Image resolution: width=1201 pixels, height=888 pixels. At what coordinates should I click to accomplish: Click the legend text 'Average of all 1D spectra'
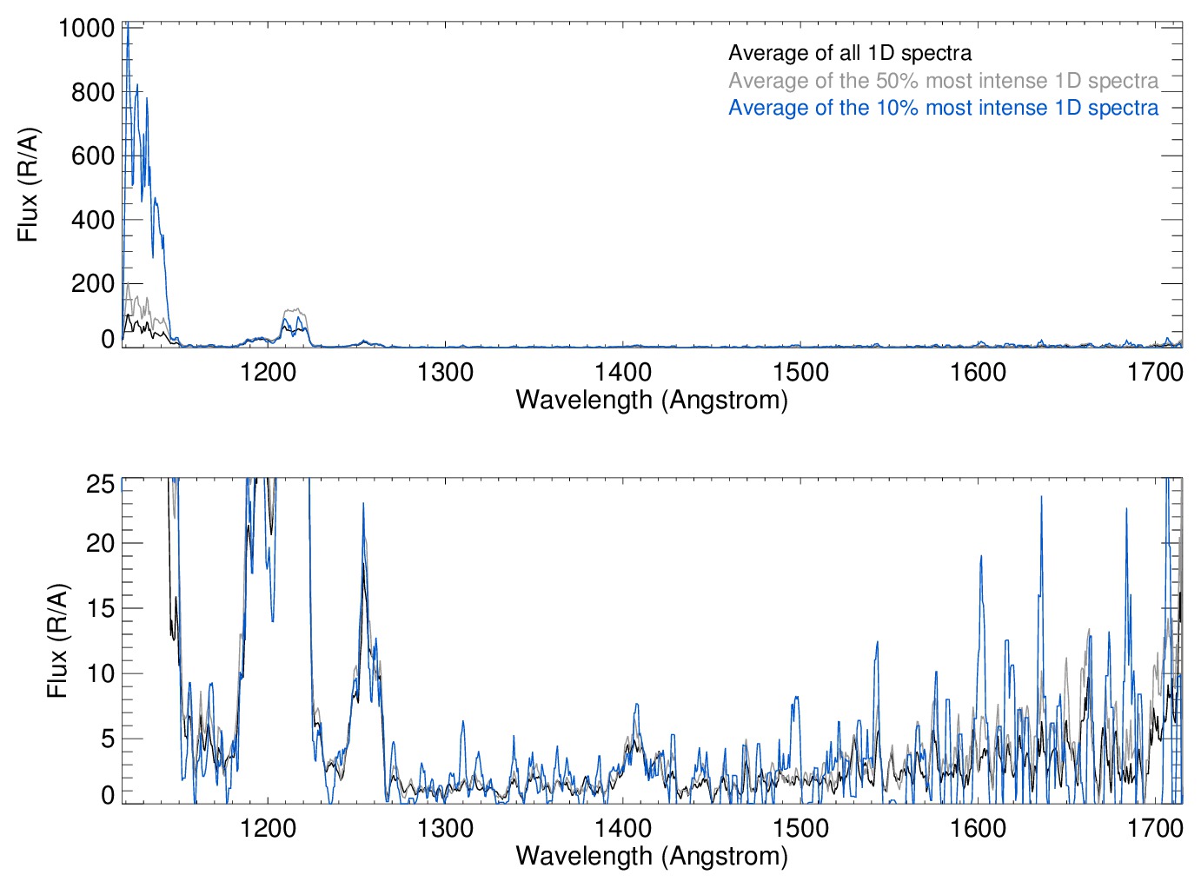pos(849,53)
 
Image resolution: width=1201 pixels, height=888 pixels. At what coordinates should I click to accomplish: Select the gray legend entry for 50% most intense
pos(943,81)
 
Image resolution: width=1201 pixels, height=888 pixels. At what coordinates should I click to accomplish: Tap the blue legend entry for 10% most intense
pos(943,108)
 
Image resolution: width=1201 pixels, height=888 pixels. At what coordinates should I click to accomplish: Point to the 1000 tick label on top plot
pos(87,29)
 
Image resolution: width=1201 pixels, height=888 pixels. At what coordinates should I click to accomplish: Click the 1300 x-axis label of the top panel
pos(445,373)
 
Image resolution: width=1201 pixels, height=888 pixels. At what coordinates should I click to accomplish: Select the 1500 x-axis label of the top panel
pos(800,373)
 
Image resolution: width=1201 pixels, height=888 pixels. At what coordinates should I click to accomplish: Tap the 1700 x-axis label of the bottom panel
pos(1155,828)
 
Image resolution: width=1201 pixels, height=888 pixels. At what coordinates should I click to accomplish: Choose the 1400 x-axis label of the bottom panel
pos(622,828)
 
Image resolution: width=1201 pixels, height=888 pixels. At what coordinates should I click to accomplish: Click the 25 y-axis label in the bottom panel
pos(101,484)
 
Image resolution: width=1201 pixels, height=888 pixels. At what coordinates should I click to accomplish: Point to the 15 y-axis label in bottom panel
pos(101,609)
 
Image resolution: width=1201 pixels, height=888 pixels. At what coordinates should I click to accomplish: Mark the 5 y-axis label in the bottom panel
pos(107,739)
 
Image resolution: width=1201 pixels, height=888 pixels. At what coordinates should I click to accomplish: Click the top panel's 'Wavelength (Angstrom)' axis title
pos(652,400)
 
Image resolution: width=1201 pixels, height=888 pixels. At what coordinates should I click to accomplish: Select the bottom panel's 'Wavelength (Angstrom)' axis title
pos(652,856)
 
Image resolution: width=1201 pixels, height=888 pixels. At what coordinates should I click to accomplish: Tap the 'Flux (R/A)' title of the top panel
pos(28,185)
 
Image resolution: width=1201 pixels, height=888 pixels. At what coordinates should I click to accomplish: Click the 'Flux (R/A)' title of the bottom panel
pos(57,641)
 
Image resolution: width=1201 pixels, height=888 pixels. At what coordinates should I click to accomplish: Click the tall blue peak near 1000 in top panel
pos(129,26)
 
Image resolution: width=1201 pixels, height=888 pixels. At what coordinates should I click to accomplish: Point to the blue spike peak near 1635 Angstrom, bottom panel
pos(1041,497)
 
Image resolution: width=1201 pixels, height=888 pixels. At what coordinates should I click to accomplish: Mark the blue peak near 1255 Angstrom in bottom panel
pos(363,504)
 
